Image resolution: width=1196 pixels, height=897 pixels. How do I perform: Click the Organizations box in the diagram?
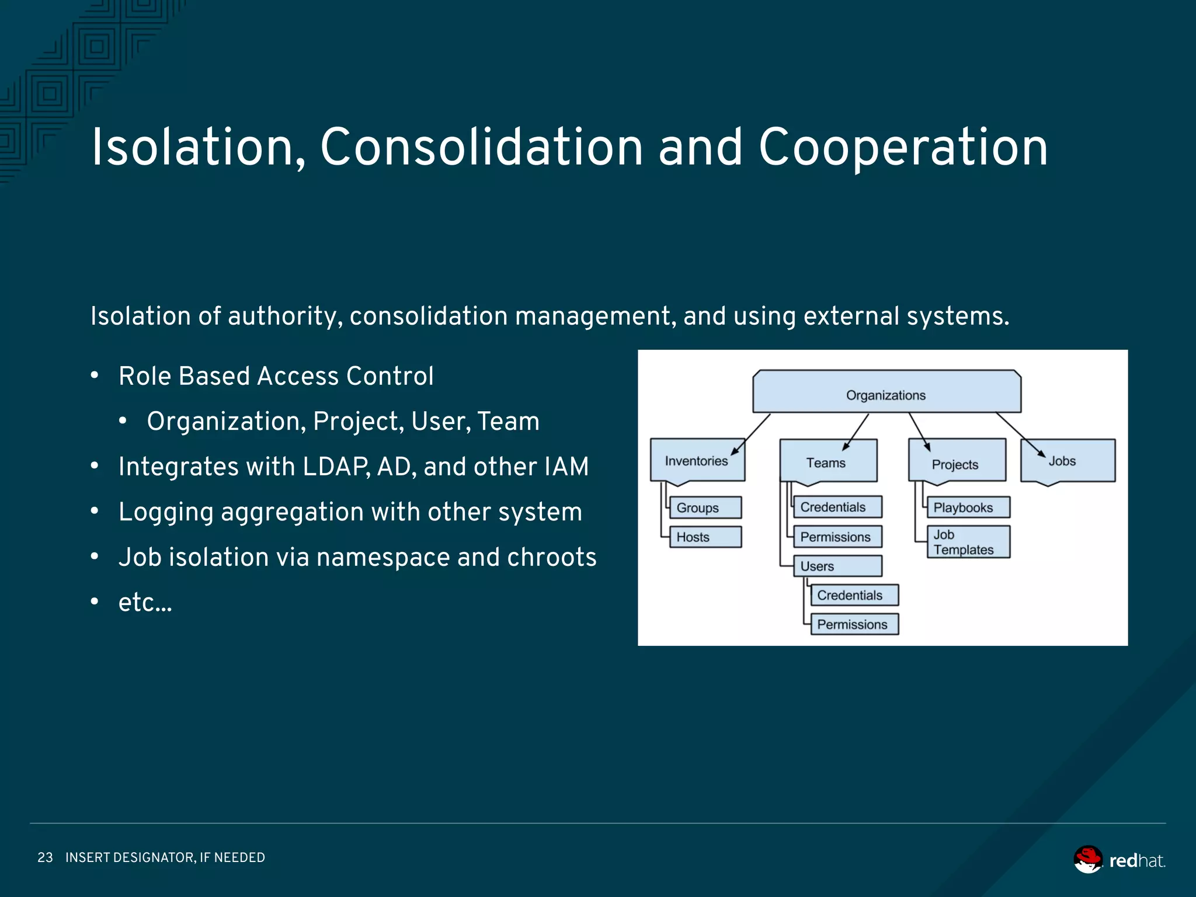click(x=886, y=392)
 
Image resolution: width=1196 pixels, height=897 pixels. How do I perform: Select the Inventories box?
click(x=697, y=461)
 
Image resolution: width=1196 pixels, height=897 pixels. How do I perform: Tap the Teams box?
click(x=828, y=462)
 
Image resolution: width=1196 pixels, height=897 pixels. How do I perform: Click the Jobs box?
click(x=1067, y=461)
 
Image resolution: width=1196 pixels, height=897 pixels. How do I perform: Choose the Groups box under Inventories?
click(x=705, y=507)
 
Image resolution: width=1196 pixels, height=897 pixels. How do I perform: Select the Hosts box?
click(x=705, y=537)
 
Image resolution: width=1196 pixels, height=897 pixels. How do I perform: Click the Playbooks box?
click(x=968, y=507)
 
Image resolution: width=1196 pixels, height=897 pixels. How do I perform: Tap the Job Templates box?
click(x=968, y=542)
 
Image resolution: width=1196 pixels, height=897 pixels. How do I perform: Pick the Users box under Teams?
click(x=837, y=566)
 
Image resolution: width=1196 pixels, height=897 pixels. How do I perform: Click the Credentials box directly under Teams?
click(x=837, y=507)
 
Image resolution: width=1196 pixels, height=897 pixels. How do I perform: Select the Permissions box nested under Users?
click(x=854, y=624)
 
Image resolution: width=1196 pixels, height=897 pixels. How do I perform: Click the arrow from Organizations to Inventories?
click(x=751, y=434)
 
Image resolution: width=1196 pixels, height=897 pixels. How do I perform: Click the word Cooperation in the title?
click(x=903, y=147)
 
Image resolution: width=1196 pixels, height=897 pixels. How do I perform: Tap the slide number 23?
click(x=45, y=857)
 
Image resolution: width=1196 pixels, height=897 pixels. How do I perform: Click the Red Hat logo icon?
click(x=1088, y=860)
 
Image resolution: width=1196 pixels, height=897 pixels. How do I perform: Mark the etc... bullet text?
click(x=145, y=602)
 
